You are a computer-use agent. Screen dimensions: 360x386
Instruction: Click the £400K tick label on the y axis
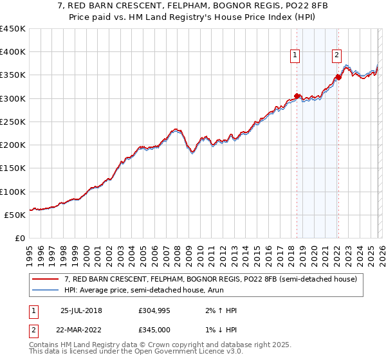tap(13, 52)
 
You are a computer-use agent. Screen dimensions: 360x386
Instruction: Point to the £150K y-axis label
tap(13, 168)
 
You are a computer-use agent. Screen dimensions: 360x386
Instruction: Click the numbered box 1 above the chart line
tap(295, 56)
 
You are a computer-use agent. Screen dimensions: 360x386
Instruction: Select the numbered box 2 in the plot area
tap(336, 56)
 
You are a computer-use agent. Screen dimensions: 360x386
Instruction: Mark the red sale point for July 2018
tap(297, 96)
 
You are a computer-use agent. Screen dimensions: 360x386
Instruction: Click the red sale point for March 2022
tap(338, 78)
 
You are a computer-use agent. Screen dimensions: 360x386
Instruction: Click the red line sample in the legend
tap(46, 279)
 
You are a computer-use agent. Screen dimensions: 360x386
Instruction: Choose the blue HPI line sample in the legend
tap(46, 290)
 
